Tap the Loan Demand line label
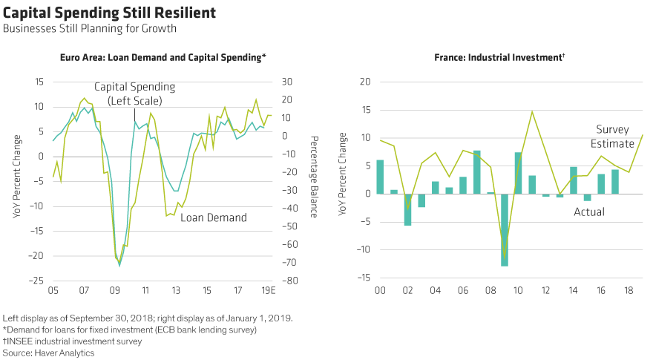(x=214, y=217)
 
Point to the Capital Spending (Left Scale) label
(x=141, y=94)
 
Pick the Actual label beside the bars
(x=588, y=212)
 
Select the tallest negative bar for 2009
(x=505, y=229)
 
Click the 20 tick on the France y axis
(x=364, y=82)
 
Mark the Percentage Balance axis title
(x=314, y=177)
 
